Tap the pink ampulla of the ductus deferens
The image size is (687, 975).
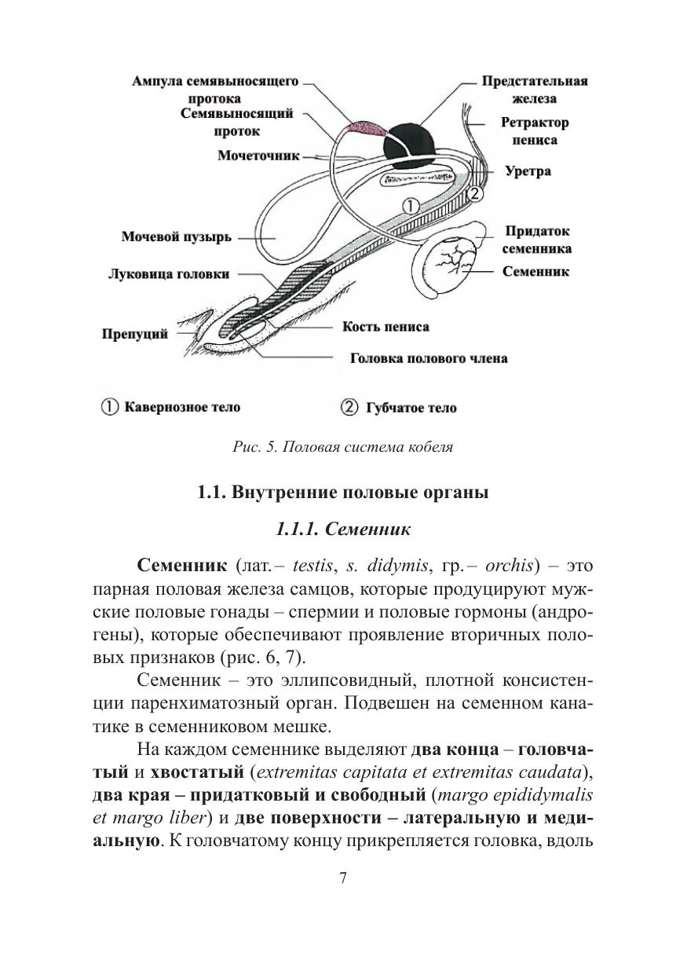point(365,127)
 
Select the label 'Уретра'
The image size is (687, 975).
point(528,170)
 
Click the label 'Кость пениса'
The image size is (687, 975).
point(386,327)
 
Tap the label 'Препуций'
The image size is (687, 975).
point(135,335)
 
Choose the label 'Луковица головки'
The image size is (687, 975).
point(169,274)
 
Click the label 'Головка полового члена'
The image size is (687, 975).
point(428,358)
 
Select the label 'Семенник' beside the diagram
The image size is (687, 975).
point(536,272)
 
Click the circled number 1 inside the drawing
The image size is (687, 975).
point(411,206)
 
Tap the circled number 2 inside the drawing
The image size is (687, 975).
point(474,190)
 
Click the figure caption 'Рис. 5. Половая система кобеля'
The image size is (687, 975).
point(343,448)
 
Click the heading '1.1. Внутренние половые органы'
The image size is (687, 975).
point(343,493)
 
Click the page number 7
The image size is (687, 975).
point(343,878)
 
